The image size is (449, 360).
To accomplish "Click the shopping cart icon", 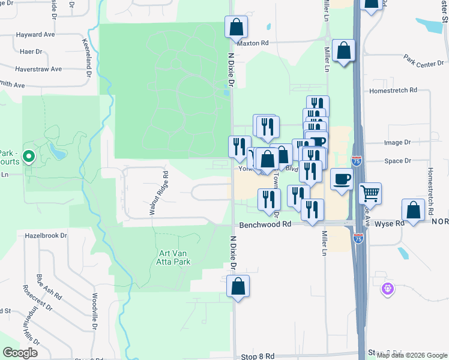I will pyautogui.click(x=370, y=193).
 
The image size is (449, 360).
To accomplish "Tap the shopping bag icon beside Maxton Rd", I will pyautogui.click(x=237, y=27).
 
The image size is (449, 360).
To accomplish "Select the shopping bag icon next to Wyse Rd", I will pyautogui.click(x=413, y=210).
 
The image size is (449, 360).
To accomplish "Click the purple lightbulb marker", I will pyautogui.click(x=388, y=289).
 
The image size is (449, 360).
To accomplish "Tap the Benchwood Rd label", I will pyautogui.click(x=265, y=224).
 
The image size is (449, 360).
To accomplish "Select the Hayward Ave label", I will pyautogui.click(x=37, y=35).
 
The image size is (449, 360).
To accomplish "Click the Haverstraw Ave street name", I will pyautogui.click(x=39, y=69).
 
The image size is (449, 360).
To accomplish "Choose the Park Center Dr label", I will pyautogui.click(x=423, y=61).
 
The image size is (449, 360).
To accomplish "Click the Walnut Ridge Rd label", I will pyautogui.click(x=159, y=192).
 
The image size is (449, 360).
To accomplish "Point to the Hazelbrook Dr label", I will pyautogui.click(x=46, y=235).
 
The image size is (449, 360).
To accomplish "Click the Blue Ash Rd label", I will pyautogui.click(x=49, y=287).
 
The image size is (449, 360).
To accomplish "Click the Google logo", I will pyautogui.click(x=20, y=353).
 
